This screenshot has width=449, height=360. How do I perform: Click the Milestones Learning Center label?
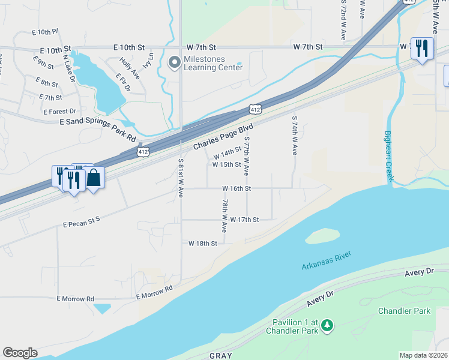(214, 63)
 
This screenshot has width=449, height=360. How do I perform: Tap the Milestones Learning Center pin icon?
(175, 62)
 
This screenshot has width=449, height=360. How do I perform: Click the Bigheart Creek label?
(388, 156)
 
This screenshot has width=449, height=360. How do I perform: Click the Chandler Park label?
(404, 311)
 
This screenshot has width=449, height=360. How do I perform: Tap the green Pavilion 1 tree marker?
(327, 325)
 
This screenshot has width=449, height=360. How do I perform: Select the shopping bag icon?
(93, 178)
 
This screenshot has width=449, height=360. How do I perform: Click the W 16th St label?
(236, 188)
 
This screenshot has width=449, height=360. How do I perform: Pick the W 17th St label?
(244, 220)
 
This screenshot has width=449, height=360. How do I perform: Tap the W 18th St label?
(202, 244)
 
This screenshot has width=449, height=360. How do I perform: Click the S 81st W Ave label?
(181, 178)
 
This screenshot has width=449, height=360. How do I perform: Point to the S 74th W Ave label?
(294, 136)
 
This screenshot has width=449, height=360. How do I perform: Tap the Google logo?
(20, 353)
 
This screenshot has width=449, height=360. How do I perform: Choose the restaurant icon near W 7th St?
(422, 48)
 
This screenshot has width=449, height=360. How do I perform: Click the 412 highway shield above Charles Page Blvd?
(255, 109)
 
